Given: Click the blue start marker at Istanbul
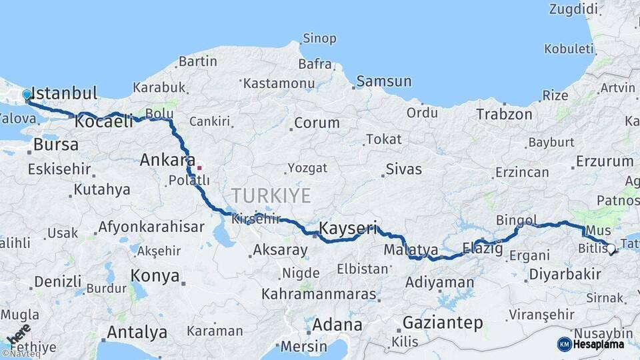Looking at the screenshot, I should pos(27,95).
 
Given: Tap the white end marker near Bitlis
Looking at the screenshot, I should pos(611,249).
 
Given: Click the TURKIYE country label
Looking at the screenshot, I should pos(271,196).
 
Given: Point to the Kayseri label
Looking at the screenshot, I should pos(348,228).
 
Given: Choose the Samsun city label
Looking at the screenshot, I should pos(384,81).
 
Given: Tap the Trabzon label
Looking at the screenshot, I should pos(504,115).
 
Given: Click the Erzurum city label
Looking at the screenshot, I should pos(605,161).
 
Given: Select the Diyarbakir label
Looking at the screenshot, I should pos(565,274).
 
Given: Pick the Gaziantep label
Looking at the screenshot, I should pos(443,323).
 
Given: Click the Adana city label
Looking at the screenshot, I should pos(337,325).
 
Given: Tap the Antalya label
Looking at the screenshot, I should pos(137,332).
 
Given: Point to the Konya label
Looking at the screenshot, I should pos(155,276).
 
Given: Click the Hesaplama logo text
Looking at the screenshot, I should pos(597,345).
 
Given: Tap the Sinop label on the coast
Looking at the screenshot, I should pos(319,38).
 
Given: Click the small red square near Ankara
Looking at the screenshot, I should pos(199,167).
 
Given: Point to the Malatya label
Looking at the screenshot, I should pos(411,250).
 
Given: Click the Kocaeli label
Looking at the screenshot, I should pos(104,122).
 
